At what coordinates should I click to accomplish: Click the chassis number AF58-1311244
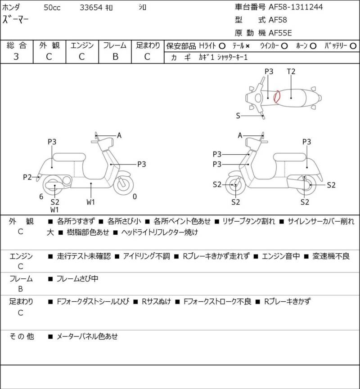(x=296, y=7)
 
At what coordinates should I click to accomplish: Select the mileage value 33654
(x=91, y=8)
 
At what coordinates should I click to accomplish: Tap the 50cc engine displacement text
(x=52, y=8)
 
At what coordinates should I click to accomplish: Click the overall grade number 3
(x=16, y=57)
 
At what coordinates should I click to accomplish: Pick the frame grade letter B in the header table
(x=115, y=57)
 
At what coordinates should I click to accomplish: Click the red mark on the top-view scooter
(x=277, y=97)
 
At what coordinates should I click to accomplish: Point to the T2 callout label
(x=291, y=72)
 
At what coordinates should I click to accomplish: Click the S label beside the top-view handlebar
(x=238, y=116)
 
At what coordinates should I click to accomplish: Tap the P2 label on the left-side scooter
(x=27, y=177)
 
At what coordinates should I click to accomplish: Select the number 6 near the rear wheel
(x=41, y=197)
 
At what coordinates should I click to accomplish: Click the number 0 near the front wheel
(x=135, y=197)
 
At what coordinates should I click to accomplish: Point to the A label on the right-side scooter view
(x=240, y=135)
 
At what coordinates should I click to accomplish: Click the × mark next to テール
(x=247, y=46)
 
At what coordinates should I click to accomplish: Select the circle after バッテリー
(x=353, y=46)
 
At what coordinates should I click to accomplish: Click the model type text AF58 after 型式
(x=278, y=20)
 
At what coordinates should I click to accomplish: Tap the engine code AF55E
(x=280, y=33)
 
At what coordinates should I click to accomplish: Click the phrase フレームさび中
(x=77, y=279)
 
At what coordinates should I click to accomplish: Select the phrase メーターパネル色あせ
(x=87, y=336)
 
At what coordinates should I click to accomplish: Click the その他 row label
(x=22, y=336)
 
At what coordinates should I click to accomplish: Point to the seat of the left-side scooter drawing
(x=69, y=157)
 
